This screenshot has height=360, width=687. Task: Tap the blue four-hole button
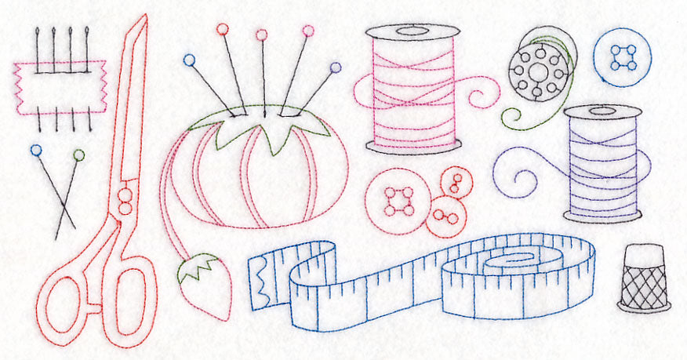(622, 56)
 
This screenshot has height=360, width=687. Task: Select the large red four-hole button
(398, 201)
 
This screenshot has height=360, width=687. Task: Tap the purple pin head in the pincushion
(336, 67)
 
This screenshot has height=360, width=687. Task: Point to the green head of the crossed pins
(78, 155)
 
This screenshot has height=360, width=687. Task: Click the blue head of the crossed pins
(35, 149)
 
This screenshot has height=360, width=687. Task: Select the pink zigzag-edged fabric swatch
(60, 87)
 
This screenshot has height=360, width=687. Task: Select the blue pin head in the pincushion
(189, 60)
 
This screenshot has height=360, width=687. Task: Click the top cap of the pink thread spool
(413, 32)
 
